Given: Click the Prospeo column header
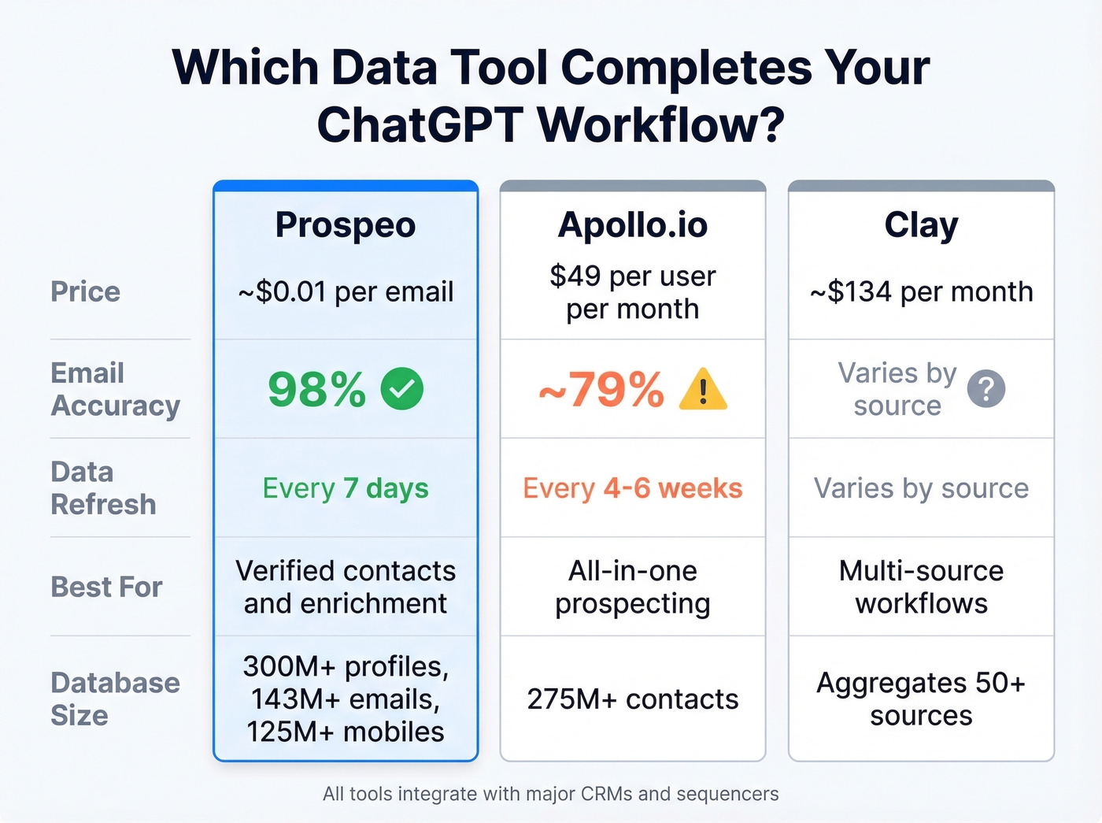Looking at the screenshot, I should (346, 225).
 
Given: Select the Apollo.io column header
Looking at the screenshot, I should (633, 225).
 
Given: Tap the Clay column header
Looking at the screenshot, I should (921, 225).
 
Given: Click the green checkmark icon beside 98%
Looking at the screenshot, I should (401, 388).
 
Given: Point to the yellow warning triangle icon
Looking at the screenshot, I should (703, 390).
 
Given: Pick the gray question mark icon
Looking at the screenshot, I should (986, 389).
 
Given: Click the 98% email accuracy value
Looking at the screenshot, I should (316, 389).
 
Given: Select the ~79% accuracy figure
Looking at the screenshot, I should (602, 389).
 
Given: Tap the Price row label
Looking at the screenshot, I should (86, 291).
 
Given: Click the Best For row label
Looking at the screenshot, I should (106, 587).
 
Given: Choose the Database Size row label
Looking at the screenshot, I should (115, 699).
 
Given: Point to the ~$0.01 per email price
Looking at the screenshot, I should (346, 292).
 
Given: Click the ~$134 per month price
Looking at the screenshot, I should (921, 292).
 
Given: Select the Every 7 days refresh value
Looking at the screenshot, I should (346, 488).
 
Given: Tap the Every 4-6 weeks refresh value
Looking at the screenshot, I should (633, 488).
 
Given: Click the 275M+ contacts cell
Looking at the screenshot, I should (633, 699).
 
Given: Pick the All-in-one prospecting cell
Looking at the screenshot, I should (633, 587).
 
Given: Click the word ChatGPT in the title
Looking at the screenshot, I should (420, 124).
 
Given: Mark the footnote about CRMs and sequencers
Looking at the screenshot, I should (550, 794).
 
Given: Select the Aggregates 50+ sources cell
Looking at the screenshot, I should (921, 699).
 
